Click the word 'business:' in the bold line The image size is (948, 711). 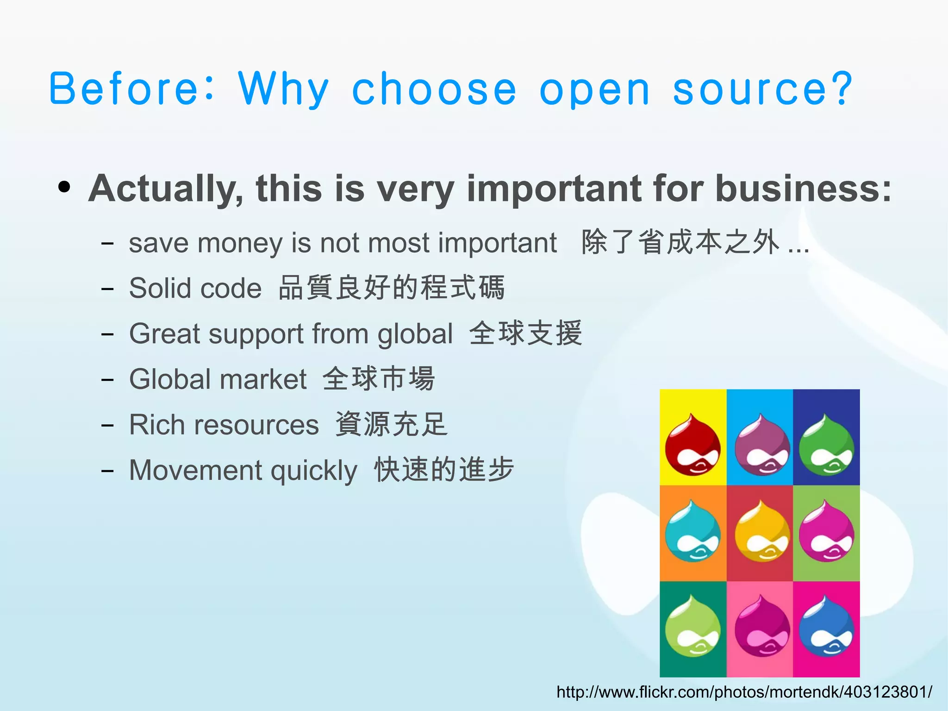(803, 189)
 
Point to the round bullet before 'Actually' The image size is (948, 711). (64, 187)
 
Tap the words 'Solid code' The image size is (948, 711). (195, 288)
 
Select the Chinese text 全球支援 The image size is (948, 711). (525, 333)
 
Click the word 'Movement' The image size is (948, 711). (195, 470)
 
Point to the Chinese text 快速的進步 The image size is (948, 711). (444, 469)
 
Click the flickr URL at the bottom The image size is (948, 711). (744, 692)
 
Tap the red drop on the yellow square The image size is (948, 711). (692, 445)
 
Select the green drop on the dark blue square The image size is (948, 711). (826, 445)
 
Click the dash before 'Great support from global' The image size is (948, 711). (107, 334)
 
